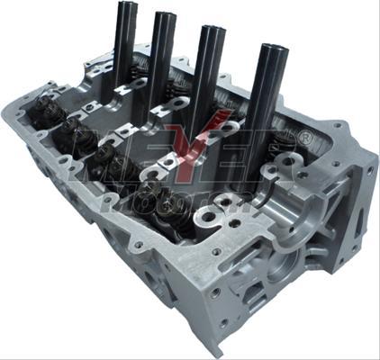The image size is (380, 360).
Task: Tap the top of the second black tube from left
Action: click(165, 15)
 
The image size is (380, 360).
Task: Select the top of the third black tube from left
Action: click(213, 31)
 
